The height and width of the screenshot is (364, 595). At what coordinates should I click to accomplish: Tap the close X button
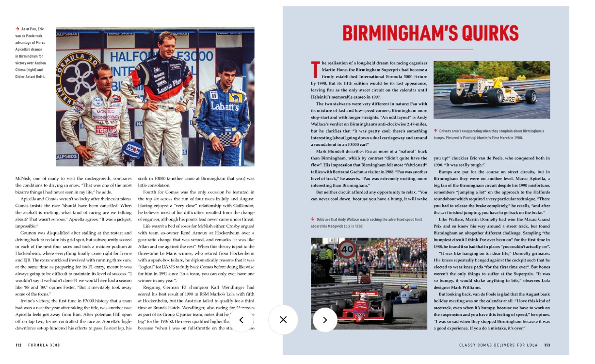click(283, 319)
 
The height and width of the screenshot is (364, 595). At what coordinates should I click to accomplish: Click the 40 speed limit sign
click(347, 250)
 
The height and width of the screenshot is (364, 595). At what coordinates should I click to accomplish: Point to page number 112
click(18, 345)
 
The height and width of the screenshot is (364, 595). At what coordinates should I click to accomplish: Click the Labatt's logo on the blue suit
click(225, 105)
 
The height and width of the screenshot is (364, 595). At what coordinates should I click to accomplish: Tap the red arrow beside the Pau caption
click(17, 29)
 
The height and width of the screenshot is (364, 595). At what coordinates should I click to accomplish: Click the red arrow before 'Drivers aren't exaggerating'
click(435, 131)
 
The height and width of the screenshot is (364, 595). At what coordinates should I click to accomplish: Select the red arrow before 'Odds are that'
click(313, 219)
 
